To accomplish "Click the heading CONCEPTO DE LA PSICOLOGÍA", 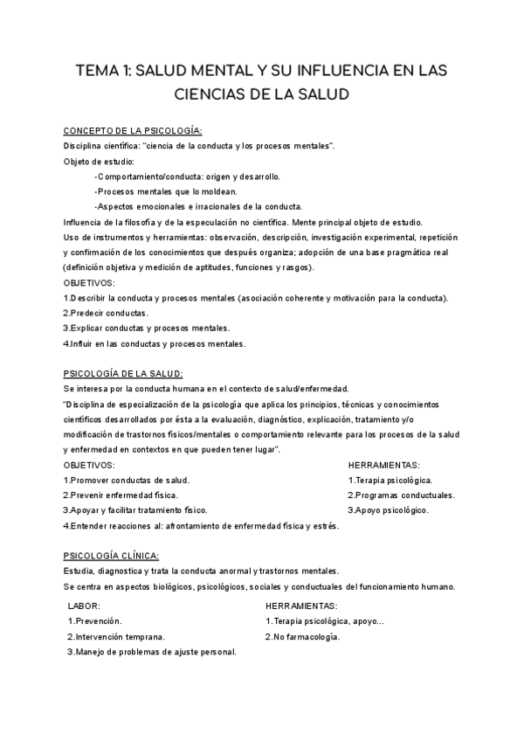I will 133,131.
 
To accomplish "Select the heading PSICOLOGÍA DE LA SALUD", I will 123,373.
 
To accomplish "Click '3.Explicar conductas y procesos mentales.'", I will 134,328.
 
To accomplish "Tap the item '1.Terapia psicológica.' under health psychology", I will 390,480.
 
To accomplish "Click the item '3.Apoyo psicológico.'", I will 389,509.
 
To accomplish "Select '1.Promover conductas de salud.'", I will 127,480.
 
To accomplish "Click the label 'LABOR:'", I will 84,606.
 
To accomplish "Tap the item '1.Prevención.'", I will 95,621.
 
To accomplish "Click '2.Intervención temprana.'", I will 116,637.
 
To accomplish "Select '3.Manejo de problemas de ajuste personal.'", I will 152,652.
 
